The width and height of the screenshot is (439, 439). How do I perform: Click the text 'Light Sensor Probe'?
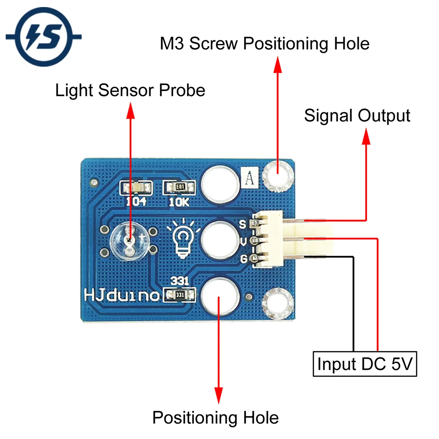[130, 90]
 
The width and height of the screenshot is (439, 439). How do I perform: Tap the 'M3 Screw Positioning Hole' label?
[264, 44]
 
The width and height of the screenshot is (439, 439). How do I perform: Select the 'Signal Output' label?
[357, 115]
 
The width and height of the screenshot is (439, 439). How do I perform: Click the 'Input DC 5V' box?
[365, 364]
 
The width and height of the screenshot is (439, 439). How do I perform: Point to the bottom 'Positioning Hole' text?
[215, 417]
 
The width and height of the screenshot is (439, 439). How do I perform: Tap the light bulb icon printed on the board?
[184, 239]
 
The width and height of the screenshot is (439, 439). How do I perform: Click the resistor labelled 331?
[179, 295]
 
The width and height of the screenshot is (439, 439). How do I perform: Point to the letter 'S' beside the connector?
[242, 224]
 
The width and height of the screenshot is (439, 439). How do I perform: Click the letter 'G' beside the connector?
[242, 259]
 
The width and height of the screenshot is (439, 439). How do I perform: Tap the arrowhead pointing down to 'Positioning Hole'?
[218, 392]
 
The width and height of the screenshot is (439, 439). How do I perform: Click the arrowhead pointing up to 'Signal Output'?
[366, 137]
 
